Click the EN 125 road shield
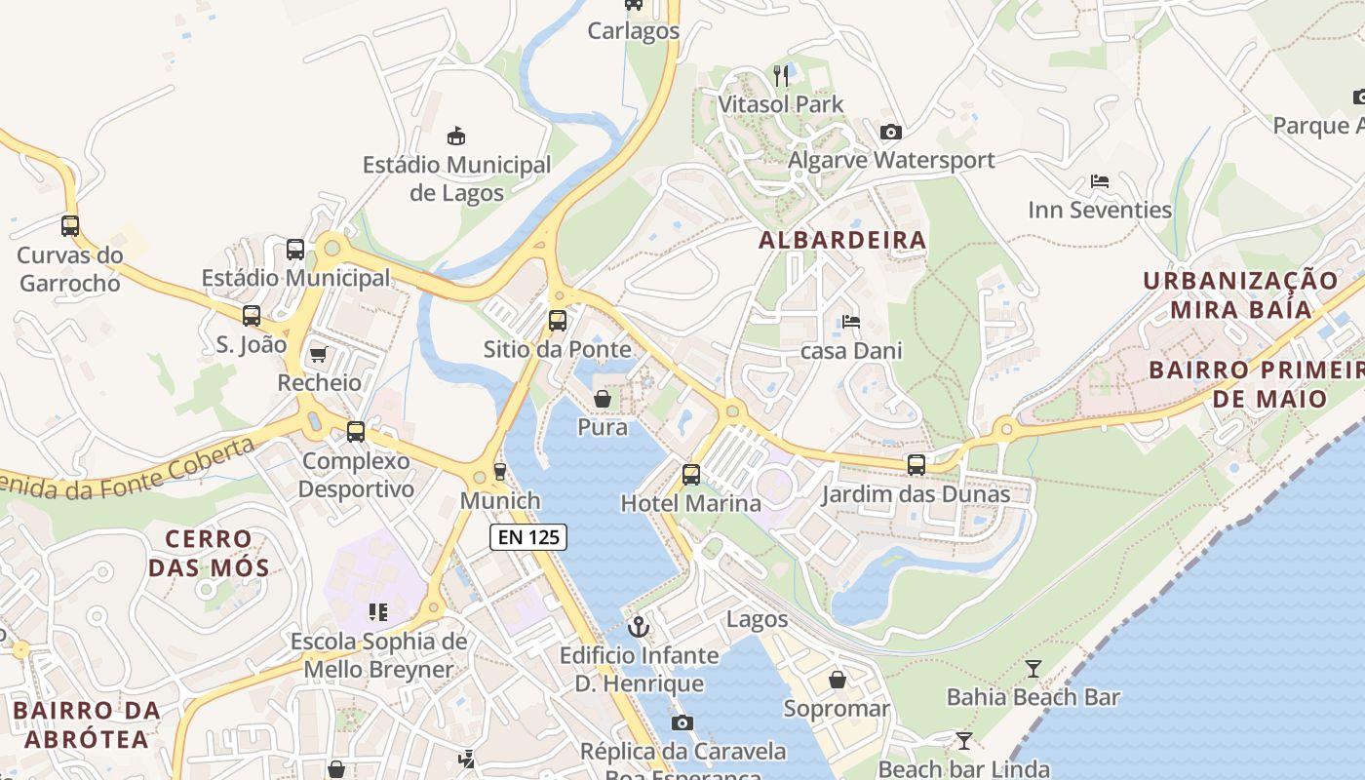[527, 536]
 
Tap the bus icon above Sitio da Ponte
[557, 320]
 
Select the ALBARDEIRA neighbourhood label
[842, 240]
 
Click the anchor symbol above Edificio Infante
[639, 626]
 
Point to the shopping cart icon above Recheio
[318, 354]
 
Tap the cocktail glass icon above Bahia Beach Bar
[1033, 668]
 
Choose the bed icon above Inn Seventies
[1100, 181]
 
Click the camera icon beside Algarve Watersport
[890, 132]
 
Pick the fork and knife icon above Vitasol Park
[780, 75]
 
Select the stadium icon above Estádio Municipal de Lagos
[455, 136]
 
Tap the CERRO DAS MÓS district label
[208, 553]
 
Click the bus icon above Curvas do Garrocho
[70, 226]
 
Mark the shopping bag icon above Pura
[603, 399]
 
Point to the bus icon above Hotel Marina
[691, 475]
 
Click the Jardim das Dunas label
[916, 494]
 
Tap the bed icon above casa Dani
[851, 322]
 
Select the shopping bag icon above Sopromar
[837, 680]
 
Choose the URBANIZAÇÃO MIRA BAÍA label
[1241, 294]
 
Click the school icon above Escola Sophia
[378, 612]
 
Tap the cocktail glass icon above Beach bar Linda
[963, 741]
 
